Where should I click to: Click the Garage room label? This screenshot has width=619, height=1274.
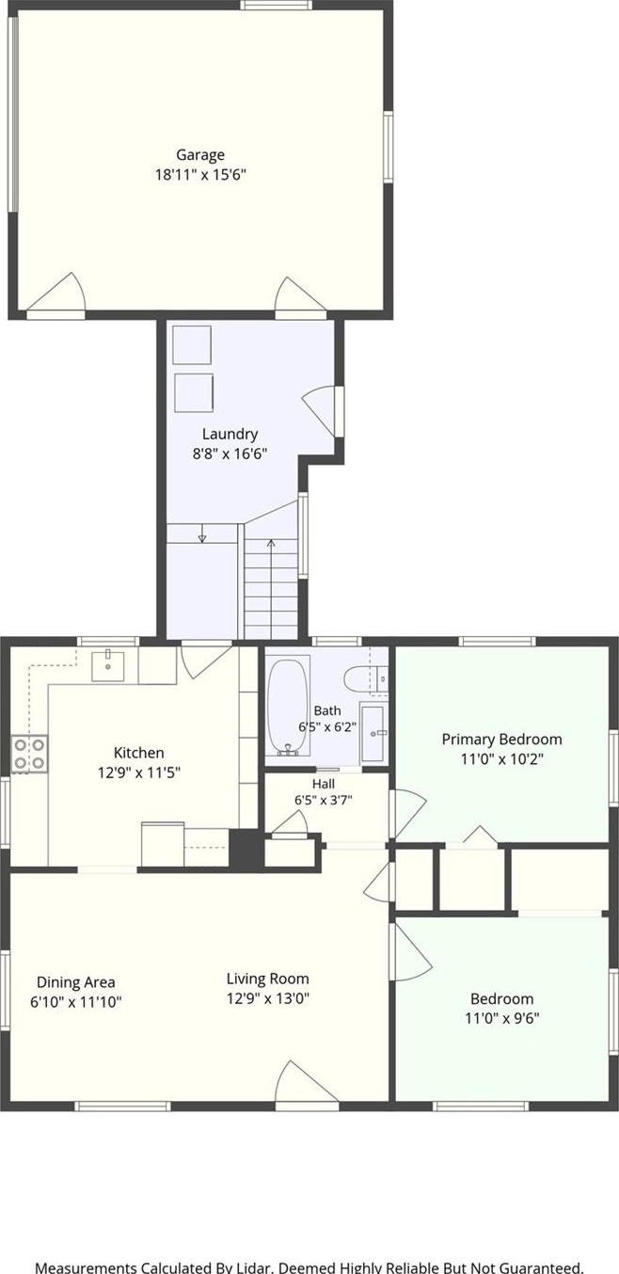[200, 154]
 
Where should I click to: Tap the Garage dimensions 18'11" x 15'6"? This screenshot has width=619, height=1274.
[200, 174]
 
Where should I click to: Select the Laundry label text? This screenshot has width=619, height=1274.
[230, 434]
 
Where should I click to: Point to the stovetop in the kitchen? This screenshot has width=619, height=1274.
[30, 754]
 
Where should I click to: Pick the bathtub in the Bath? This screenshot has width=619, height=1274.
[288, 706]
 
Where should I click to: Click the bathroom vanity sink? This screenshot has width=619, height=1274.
[374, 733]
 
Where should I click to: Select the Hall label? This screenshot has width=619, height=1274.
[324, 784]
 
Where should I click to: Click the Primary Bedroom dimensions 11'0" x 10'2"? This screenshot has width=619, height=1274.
[502, 758]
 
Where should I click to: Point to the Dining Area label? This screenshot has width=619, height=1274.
[75, 982]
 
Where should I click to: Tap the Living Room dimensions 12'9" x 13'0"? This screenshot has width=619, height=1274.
[268, 998]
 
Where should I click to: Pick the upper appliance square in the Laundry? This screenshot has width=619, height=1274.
[192, 344]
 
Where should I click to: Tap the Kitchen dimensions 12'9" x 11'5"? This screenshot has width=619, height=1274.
[139, 772]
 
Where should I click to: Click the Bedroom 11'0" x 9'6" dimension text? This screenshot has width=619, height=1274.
[502, 1017]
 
